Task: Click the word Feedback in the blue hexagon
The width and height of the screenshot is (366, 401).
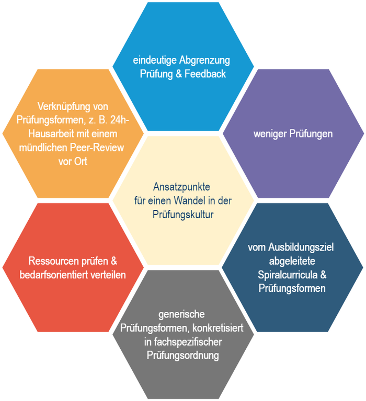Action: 205,74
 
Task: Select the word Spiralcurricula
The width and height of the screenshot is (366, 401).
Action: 283,274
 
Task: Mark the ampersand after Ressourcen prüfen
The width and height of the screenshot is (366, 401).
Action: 119,261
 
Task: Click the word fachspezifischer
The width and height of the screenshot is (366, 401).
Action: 190,342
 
